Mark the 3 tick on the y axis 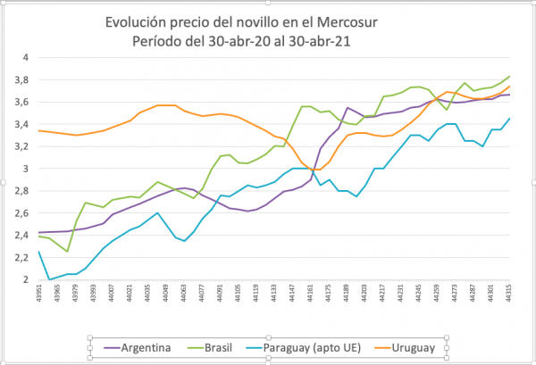[x=27, y=169]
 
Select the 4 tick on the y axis [x=27, y=57]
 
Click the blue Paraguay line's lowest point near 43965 [x=51, y=279]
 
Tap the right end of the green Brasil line [x=509, y=77]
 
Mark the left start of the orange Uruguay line [x=38, y=131]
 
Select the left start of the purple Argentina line [x=38, y=233]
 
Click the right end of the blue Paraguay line [x=509, y=119]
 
